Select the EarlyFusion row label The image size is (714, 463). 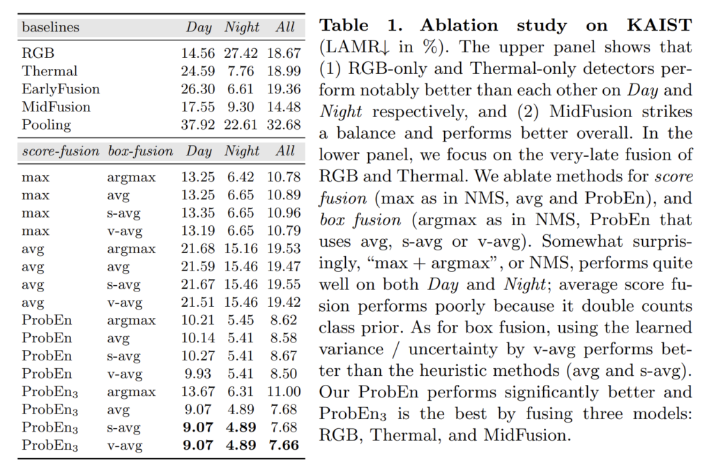point(61,89)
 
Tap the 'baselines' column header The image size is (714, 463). point(50,29)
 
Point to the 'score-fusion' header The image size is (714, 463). point(61,151)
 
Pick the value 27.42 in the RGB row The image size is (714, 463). point(242,53)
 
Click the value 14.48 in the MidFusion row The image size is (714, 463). point(283,107)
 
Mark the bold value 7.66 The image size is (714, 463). point(283,445)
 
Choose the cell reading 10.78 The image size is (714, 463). point(283,178)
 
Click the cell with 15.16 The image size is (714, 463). point(242,249)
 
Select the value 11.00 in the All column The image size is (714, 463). point(283,391)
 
